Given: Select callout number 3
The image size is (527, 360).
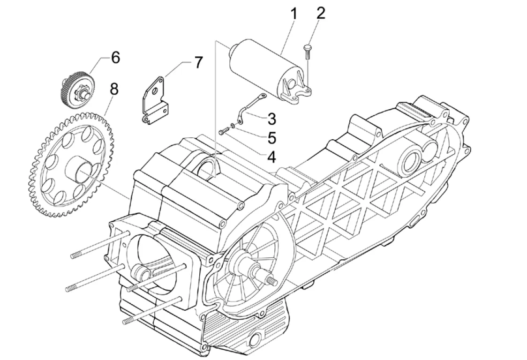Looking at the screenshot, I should (271, 119).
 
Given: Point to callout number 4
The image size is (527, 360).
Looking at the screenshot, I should (271, 157).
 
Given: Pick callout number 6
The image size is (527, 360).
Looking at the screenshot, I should (115, 58).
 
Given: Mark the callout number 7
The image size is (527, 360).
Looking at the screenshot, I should (198, 62).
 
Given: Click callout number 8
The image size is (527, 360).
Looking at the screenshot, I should (113, 88).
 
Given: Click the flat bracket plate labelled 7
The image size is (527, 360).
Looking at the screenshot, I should (155, 101).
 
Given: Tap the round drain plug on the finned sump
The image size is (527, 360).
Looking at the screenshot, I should (257, 340).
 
